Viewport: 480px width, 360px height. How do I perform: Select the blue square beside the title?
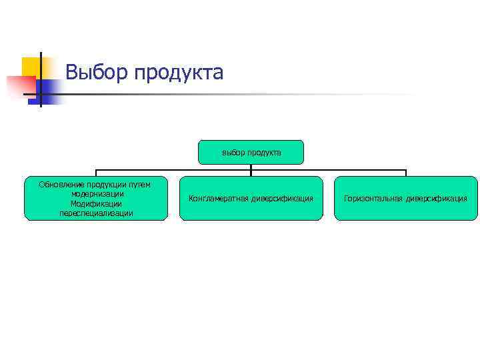[x=49, y=89]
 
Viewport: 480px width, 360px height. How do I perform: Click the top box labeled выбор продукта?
[x=251, y=152]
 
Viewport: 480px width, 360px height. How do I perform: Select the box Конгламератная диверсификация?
[x=251, y=198]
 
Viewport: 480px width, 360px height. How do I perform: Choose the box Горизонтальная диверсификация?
[x=405, y=198]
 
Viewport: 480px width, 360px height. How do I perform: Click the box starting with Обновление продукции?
[x=96, y=198]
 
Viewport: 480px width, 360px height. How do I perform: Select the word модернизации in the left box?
[x=96, y=193]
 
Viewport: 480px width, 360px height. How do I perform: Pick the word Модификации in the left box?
[x=96, y=203]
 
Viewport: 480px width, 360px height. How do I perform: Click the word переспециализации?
[x=96, y=213]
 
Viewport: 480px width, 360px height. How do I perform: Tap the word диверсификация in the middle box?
[x=283, y=199]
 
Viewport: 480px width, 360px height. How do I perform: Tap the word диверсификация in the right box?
[x=437, y=199]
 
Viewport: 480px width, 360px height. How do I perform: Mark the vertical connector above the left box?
[x=96, y=173]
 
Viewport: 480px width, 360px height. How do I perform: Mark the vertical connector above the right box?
[x=405, y=173]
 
